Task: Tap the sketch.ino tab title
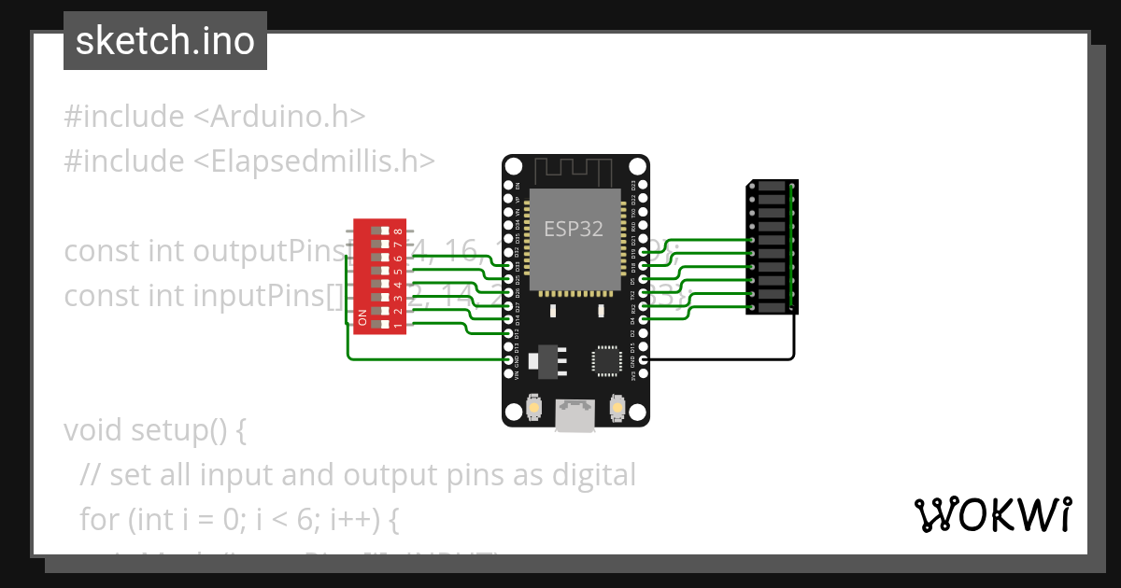pos(165,41)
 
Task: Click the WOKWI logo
pos(992,514)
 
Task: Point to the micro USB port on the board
pos(575,414)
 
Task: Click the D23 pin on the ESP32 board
pos(644,185)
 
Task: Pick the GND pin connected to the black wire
pos(644,359)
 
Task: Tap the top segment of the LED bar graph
pos(773,187)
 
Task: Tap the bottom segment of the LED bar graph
pos(773,307)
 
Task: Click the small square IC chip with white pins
pos(605,360)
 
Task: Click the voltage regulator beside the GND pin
pos(546,360)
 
